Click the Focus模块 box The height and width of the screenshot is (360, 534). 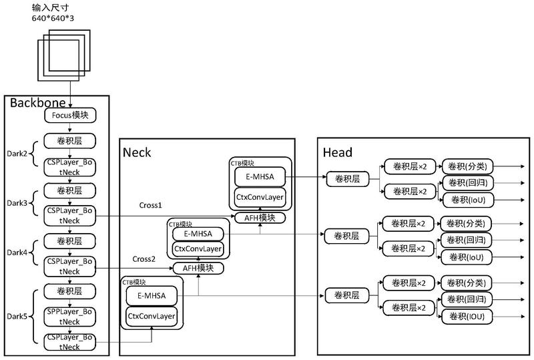(71, 115)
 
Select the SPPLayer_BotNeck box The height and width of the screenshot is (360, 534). (71, 316)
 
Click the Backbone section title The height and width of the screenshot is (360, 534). (37, 102)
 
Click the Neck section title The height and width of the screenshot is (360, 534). (137, 152)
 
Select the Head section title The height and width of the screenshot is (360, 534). (337, 152)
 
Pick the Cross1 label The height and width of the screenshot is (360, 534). (151, 204)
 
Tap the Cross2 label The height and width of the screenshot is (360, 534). (144, 259)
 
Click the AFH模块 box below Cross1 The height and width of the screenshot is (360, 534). (260, 218)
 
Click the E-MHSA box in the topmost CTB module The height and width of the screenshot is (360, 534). (259, 176)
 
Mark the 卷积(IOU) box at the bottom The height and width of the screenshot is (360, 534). (467, 315)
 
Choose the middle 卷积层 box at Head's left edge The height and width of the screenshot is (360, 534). (347, 235)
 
